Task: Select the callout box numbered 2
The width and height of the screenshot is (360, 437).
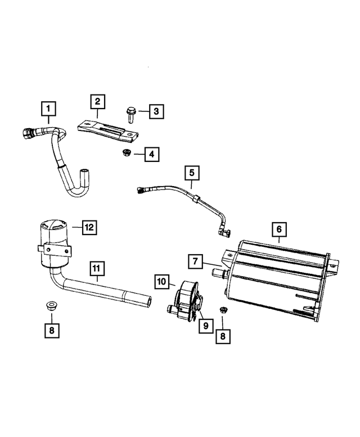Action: point(97,102)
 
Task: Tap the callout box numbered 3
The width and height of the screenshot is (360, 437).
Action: point(156,111)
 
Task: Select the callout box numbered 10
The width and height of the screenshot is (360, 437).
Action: point(162,280)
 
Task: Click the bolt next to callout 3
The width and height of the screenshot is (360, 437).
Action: point(129,115)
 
